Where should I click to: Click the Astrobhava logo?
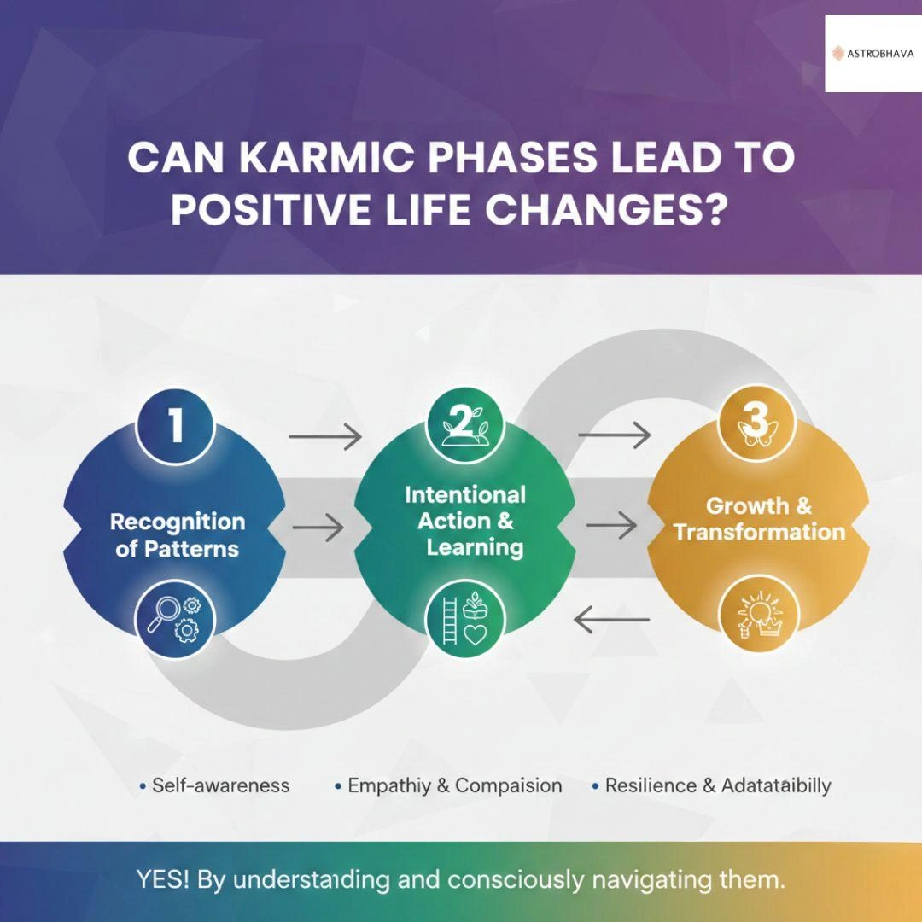(x=872, y=54)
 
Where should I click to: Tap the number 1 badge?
(x=175, y=425)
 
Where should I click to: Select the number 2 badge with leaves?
(x=464, y=423)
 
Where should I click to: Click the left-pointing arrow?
(x=611, y=619)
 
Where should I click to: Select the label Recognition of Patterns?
(x=177, y=535)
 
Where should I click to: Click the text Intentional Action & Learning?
(x=465, y=521)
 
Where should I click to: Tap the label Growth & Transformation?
(x=759, y=519)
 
